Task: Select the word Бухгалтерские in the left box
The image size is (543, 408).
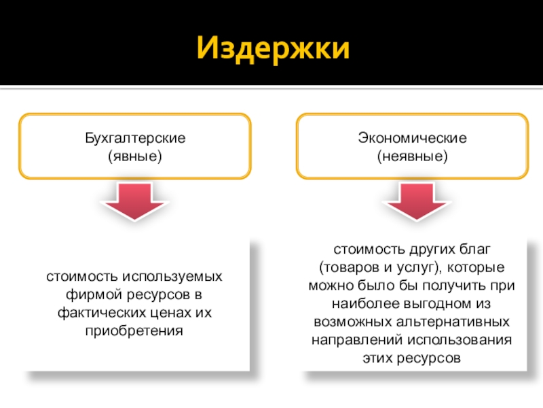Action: [135, 138]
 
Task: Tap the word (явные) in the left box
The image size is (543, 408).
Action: [135, 156]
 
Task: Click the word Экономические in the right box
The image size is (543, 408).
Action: [413, 138]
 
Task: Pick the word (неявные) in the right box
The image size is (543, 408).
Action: [413, 156]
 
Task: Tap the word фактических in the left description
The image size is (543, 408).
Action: [97, 313]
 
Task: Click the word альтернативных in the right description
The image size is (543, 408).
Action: [463, 321]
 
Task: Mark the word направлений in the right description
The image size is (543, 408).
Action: [349, 339]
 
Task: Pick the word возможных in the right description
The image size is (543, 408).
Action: [350, 321]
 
